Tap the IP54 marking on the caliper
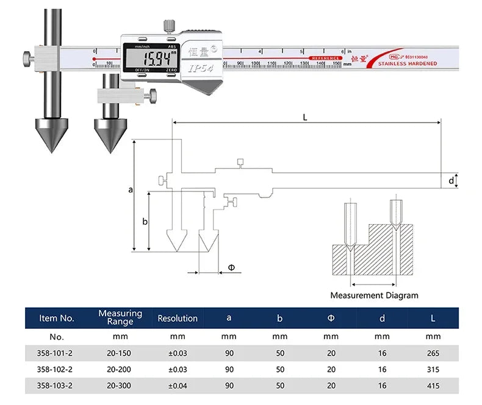point(200,69)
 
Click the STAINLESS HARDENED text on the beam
point(407,63)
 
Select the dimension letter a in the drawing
point(130,190)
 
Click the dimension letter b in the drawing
point(145,221)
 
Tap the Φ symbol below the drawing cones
point(231,267)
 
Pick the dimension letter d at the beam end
point(451,181)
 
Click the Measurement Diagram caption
point(374,295)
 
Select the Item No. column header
point(57,318)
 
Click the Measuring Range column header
point(120,317)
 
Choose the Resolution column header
point(178,318)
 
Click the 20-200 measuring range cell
point(120,369)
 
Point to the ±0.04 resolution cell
point(178,386)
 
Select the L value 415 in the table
point(433,386)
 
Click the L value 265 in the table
point(433,353)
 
